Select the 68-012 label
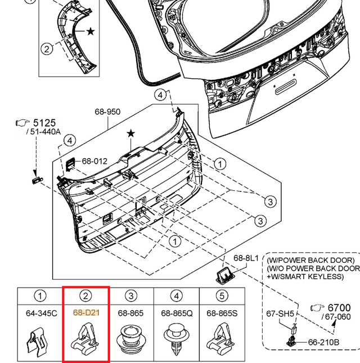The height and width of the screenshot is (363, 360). point(94,161)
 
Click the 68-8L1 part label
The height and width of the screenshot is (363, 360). point(246,258)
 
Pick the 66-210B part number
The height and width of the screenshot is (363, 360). point(323,342)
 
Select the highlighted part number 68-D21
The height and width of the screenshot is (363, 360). point(85,312)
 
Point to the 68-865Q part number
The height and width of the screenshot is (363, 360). point(177,312)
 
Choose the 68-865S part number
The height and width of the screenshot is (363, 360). point(222,312)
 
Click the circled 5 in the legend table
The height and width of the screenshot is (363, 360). point(222,295)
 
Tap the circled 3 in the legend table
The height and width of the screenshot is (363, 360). point(130,295)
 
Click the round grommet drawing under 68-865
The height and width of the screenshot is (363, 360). point(130,339)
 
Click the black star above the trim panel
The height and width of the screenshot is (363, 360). point(131,133)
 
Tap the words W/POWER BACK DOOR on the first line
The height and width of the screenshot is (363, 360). point(311,261)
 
